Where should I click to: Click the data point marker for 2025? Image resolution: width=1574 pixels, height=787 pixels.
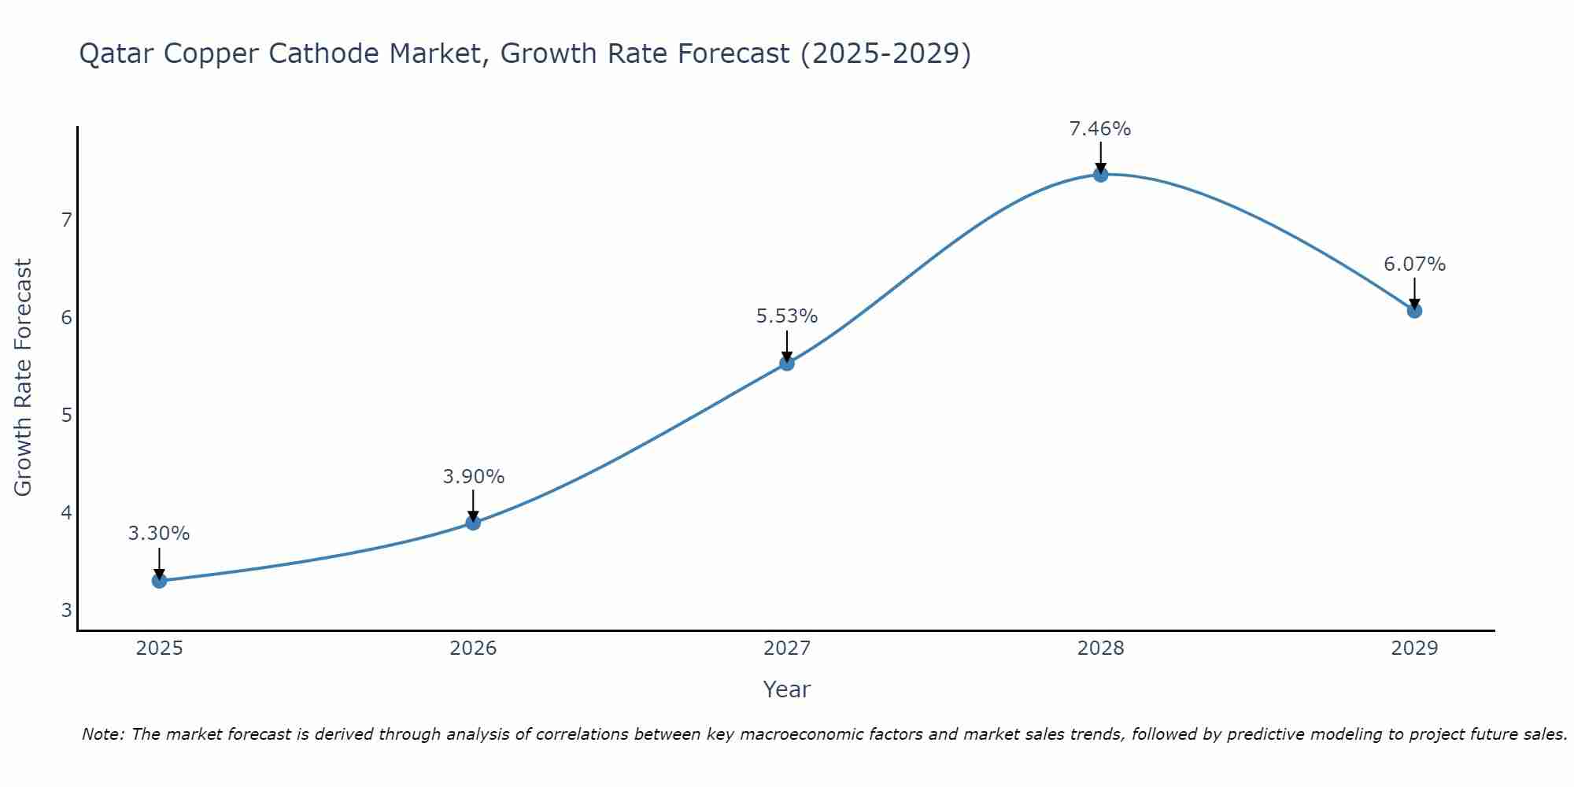159,581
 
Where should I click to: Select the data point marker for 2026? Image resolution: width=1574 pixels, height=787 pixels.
473,523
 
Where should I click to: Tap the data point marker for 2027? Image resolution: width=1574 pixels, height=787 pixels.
787,363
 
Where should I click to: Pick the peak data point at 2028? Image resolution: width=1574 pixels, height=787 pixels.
1100,175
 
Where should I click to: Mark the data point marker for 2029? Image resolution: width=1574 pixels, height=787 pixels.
1414,311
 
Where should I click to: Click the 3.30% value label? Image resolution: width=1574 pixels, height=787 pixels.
159,534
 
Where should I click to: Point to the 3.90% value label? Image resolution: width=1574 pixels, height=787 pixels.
473,477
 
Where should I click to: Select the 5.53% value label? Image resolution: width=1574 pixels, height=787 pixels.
787,316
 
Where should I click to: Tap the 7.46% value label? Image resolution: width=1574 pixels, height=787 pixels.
1100,129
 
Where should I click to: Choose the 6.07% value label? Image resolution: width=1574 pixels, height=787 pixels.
1414,264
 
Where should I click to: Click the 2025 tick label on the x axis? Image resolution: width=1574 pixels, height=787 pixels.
159,648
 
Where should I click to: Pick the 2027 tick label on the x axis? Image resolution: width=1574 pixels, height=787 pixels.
787,648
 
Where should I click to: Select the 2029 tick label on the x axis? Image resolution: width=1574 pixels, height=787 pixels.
1414,648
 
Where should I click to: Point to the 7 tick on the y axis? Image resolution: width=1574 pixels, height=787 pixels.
66,220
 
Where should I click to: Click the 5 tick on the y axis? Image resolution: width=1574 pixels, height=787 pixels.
66,415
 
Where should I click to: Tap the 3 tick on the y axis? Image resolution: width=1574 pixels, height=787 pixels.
66,610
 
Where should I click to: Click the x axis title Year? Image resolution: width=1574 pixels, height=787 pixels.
787,689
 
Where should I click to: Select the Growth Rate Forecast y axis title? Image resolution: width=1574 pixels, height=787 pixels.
24,378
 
